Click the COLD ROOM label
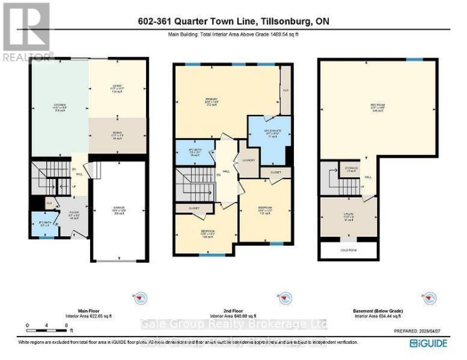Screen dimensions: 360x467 [349, 250]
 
